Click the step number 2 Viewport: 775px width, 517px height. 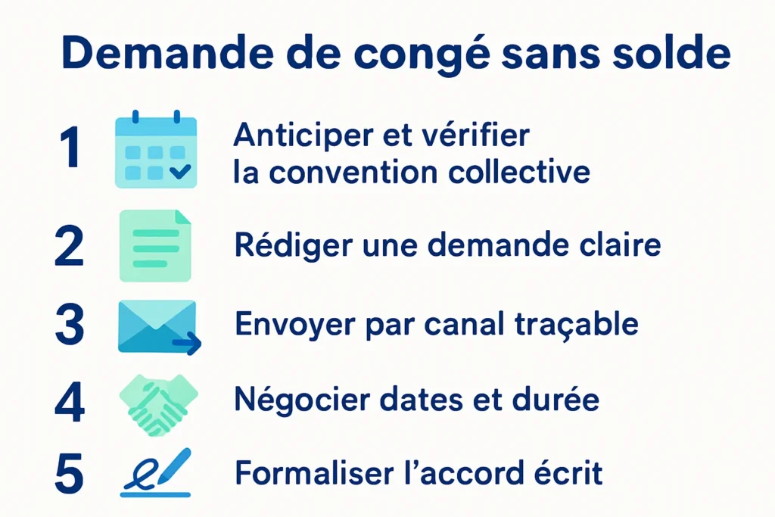tap(70, 247)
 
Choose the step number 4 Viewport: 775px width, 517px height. tap(70, 401)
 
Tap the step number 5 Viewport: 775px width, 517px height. tap(70, 474)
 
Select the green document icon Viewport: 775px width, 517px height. tap(155, 245)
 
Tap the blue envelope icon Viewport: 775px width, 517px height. tap(157, 325)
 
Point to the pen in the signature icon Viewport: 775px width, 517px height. tap(173, 465)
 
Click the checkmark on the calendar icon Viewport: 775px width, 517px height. tap(180, 171)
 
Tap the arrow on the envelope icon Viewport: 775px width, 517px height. tap(187, 345)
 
